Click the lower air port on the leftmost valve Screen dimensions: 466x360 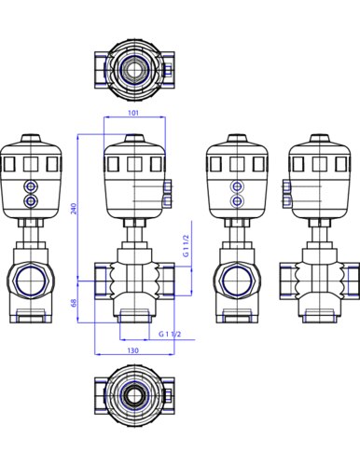coord(33,199)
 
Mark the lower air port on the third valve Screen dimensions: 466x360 coord(239,199)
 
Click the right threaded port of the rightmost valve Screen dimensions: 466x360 coord(349,278)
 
